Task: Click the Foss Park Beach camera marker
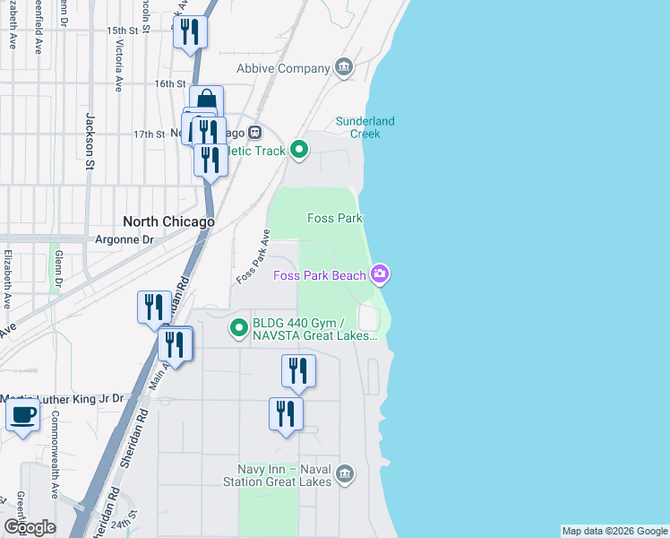click(381, 274)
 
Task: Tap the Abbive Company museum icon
click(343, 68)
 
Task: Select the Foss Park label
click(334, 218)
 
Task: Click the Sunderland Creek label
click(365, 127)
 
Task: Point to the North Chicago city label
click(168, 221)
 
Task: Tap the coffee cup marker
click(23, 415)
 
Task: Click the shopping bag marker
click(206, 100)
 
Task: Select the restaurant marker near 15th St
click(190, 32)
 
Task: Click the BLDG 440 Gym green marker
click(238, 328)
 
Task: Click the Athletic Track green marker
click(299, 151)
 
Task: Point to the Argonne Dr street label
click(125, 240)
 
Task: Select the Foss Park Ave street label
click(253, 257)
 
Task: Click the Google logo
click(30, 526)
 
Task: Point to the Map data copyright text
click(614, 531)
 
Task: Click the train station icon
click(254, 133)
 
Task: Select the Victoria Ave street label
click(118, 66)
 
